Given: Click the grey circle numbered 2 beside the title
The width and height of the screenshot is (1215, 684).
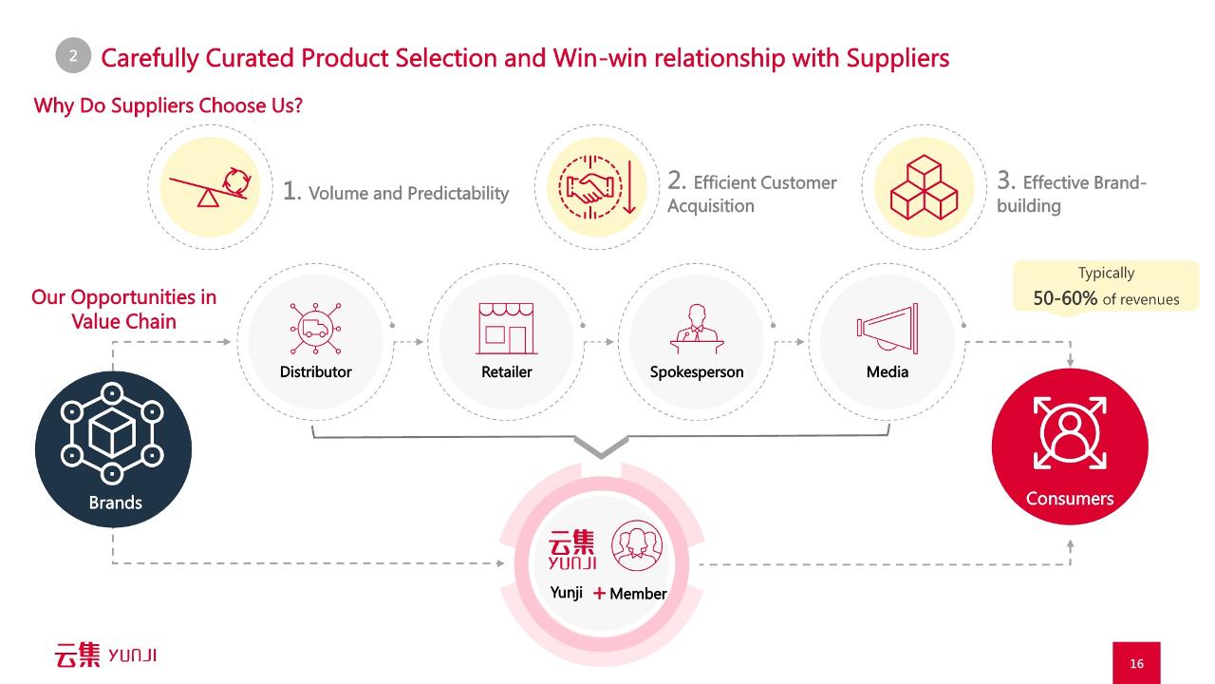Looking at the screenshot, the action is pos(73,55).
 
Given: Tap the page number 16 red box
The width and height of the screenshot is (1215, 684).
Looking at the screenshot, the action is pos(1136,663).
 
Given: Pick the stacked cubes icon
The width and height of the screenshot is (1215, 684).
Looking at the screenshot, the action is pos(924,187).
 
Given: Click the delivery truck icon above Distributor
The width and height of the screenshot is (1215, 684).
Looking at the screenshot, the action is pos(316,329).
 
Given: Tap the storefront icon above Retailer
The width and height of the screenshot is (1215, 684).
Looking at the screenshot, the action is pos(507,329).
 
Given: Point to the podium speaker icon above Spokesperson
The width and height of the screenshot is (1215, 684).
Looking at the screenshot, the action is pos(697,329).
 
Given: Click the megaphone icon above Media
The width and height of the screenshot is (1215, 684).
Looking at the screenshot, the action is pos(888,329).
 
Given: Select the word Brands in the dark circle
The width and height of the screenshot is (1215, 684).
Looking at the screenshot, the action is pos(116,503).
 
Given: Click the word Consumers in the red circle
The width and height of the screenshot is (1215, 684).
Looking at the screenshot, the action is pos(1070,499).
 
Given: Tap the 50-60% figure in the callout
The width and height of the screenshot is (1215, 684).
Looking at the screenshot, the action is pos(1065,298).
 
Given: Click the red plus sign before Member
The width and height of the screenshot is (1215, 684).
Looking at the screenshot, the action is pos(599,593).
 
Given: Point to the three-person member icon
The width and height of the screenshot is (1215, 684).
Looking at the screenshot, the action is pos(637,545).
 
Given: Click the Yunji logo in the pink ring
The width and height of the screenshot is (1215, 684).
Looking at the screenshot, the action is pos(572,549).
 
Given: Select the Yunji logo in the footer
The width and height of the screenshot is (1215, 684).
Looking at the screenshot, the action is pos(105,655).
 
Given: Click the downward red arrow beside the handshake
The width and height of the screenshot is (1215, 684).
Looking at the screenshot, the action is pos(629,187).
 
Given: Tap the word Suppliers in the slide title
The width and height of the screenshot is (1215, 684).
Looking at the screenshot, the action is pos(898,58).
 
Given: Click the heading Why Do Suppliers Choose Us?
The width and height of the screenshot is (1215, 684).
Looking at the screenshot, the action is pos(168,105).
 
